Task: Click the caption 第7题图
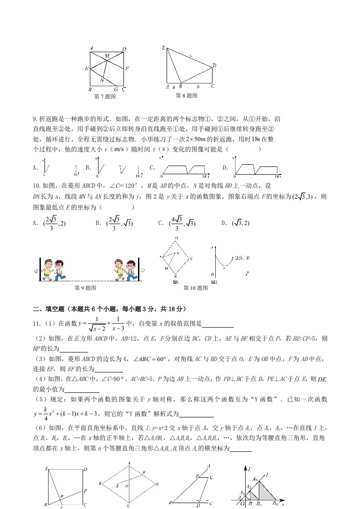click(104, 97)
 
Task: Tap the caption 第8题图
click(187, 96)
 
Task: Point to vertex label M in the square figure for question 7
click(107, 56)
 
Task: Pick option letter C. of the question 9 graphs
click(152, 167)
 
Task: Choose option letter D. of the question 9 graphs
click(225, 167)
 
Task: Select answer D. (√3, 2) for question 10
click(236, 223)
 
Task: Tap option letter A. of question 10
click(35, 223)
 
